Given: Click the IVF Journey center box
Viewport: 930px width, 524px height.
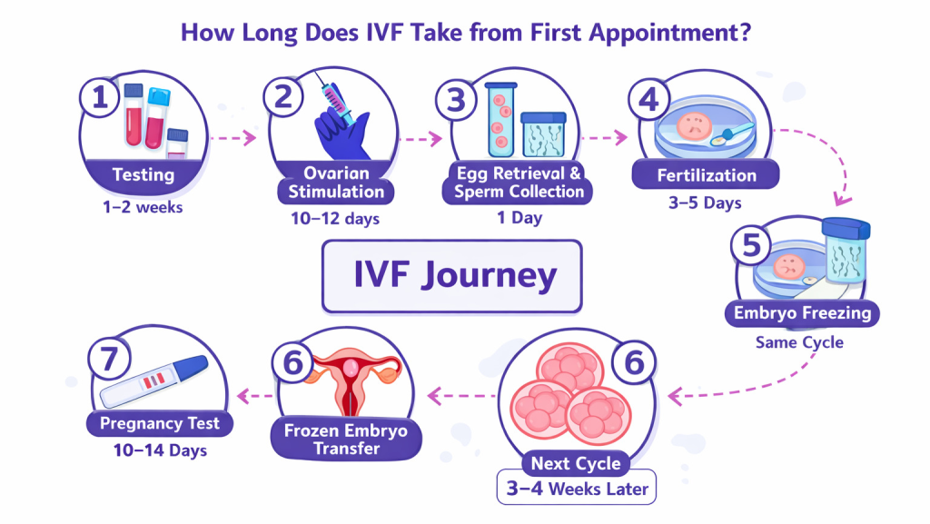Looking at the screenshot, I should tap(452, 276).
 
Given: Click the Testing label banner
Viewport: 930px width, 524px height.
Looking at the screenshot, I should tap(143, 173).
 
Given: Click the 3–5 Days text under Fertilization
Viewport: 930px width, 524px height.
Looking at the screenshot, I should tap(706, 202).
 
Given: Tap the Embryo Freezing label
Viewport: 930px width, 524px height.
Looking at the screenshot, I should tap(801, 314).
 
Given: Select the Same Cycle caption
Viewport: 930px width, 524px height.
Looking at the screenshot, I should tap(799, 343).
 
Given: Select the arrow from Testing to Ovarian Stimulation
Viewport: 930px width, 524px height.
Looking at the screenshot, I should tap(231, 140).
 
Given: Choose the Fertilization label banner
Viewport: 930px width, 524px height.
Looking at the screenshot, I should tap(706, 174).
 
